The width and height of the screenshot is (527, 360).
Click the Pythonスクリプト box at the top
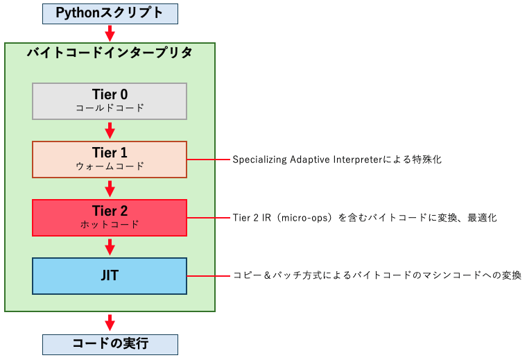pyautogui.click(x=110, y=12)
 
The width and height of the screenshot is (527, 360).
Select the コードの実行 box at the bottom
pyautogui.click(x=110, y=344)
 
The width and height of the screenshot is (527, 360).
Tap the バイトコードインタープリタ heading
pyautogui.click(x=110, y=53)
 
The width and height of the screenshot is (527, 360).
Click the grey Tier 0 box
pyautogui.click(x=110, y=101)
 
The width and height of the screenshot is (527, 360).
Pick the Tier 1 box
pyautogui.click(x=110, y=159)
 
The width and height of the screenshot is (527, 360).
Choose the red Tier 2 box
pyautogui.click(x=110, y=217)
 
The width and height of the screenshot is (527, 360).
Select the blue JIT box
pyautogui.click(x=110, y=275)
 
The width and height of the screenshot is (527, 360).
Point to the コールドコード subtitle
pyautogui.click(x=110, y=108)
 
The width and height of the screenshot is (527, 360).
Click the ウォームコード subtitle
pyautogui.click(x=110, y=166)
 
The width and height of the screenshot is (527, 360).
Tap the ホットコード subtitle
pyautogui.click(x=110, y=225)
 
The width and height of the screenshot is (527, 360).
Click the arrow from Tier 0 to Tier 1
pyautogui.click(x=110, y=130)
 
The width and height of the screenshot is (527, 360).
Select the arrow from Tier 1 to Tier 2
pyautogui.click(x=110, y=188)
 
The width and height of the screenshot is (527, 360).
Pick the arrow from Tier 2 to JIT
pyautogui.click(x=110, y=246)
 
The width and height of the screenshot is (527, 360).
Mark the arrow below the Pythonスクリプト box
pyautogui.click(x=110, y=32)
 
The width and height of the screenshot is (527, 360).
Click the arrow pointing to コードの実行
pyautogui.click(x=110, y=323)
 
